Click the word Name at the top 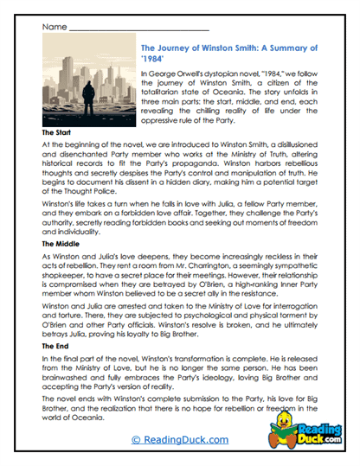click(53, 28)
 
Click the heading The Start click(59, 132)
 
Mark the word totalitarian click(168, 95)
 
